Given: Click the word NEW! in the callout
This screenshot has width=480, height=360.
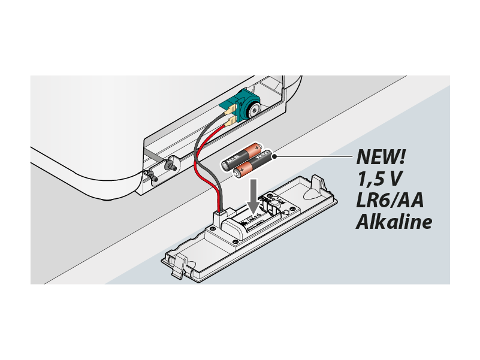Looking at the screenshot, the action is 381,156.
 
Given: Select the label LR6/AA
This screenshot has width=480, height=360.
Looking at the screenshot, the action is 390,200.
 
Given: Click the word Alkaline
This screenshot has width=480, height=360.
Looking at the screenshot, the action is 394,222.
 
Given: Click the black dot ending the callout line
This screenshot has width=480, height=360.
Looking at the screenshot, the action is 274,156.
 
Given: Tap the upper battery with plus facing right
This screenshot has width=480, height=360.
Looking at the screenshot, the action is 243,156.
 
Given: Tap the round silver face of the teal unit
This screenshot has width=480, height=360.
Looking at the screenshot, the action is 253,110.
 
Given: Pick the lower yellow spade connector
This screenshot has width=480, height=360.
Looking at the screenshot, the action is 231,122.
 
